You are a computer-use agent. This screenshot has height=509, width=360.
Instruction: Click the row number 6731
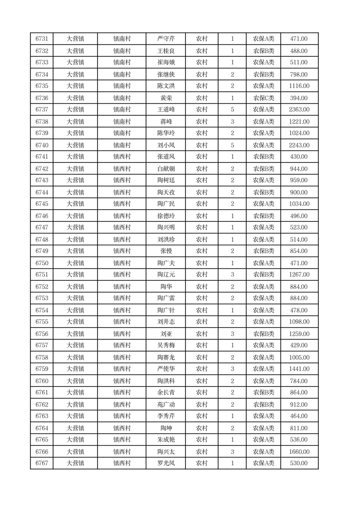(42, 39)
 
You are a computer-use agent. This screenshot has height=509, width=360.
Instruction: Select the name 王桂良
(166, 51)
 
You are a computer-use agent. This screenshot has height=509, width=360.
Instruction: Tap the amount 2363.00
(299, 109)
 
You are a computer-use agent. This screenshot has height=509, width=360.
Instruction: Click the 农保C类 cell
(263, 98)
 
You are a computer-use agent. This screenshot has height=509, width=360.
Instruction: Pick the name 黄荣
(166, 98)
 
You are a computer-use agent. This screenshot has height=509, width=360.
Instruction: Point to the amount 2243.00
(299, 145)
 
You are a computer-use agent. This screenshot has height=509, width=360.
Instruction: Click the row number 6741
(42, 157)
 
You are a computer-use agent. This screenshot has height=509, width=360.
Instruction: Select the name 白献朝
(166, 169)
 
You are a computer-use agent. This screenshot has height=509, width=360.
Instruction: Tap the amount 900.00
(299, 192)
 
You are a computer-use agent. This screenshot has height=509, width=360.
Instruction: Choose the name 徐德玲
(166, 216)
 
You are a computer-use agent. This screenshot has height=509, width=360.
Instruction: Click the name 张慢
(166, 251)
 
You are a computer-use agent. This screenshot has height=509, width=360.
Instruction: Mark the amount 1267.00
(299, 274)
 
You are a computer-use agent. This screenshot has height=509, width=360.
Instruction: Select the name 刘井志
(166, 322)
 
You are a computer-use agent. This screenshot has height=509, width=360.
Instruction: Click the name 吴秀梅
(166, 345)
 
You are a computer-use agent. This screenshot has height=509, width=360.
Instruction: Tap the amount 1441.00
(299, 369)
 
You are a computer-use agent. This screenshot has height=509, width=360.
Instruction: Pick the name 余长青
(166, 392)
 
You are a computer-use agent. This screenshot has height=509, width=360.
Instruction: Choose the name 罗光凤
(166, 463)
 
